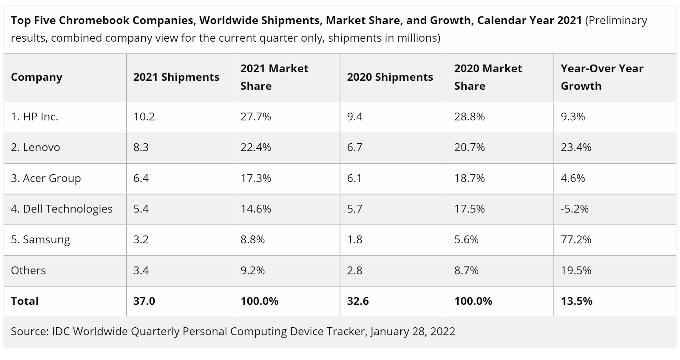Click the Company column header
(37, 77)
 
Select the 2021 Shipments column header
(176, 77)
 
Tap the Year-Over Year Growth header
(602, 77)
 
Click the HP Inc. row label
(34, 117)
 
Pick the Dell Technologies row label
(62, 209)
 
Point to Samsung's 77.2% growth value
(576, 240)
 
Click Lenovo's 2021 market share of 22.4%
(255, 147)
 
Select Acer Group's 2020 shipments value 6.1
(354, 178)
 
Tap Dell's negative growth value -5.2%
(575, 209)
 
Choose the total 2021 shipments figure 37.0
(144, 301)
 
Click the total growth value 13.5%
(576, 301)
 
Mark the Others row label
(28, 270)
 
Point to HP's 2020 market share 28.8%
(469, 117)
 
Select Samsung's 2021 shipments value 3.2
(141, 240)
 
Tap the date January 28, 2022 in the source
(412, 332)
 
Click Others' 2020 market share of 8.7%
(466, 270)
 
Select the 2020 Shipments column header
(390, 77)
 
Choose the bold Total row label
(25, 301)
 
